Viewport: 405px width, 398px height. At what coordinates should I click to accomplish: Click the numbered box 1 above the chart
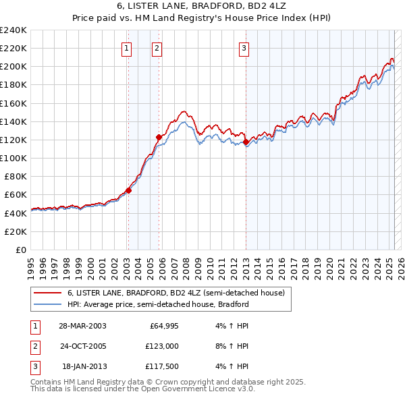[x=127, y=48]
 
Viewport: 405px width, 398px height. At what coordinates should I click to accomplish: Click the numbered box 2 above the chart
[x=157, y=48]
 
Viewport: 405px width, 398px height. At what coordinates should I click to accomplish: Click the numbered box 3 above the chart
[x=244, y=48]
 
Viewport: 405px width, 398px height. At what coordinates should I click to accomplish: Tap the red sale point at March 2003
[x=128, y=190]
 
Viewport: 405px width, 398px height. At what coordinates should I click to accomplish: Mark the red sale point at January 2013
[x=246, y=142]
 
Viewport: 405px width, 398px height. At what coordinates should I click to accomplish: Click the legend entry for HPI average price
[x=158, y=304]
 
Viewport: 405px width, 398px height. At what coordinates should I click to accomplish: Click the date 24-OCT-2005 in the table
[x=82, y=346]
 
